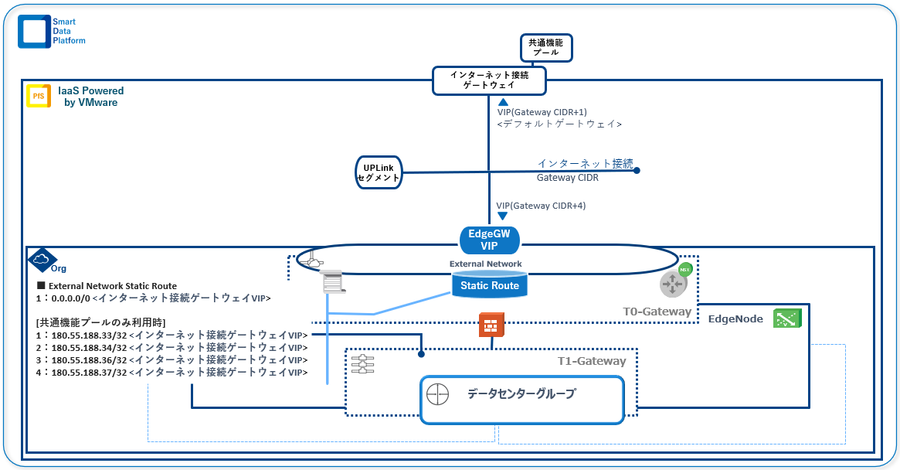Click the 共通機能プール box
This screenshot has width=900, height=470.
pyautogui.click(x=545, y=47)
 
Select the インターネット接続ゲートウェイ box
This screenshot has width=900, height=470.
pyautogui.click(x=488, y=80)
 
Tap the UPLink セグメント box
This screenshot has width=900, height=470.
pyautogui.click(x=378, y=172)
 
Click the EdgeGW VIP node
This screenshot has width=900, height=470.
pyautogui.click(x=490, y=240)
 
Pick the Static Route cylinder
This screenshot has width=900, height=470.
pyautogui.click(x=489, y=285)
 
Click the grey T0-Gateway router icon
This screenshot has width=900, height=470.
pyautogui.click(x=674, y=284)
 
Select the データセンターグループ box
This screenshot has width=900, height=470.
pyautogui.click(x=521, y=399)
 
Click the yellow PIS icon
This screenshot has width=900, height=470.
pyautogui.click(x=39, y=97)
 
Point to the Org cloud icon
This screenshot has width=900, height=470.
pyautogui.click(x=42, y=261)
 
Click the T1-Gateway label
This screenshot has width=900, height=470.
pyautogui.click(x=592, y=361)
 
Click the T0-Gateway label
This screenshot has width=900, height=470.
pyautogui.click(x=657, y=312)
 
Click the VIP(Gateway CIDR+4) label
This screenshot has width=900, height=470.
pyautogui.click(x=541, y=206)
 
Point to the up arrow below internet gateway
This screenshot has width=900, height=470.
pyautogui.click(x=503, y=102)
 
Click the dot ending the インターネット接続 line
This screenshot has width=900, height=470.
pyautogui.click(x=637, y=171)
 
